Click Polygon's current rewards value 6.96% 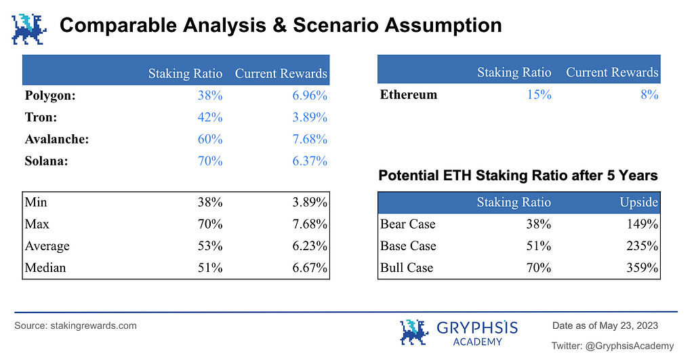pos(309,95)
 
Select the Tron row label pos(41,117)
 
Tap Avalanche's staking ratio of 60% pos(210,139)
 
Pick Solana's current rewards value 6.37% pos(309,161)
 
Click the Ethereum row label pos(408,95)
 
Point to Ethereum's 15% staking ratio pos(539,95)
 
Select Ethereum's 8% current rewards pos(649,95)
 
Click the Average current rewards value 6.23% pos(309,245)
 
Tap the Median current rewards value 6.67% pos(309,267)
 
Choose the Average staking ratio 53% pos(210,245)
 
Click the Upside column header pos(638,202)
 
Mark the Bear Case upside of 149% pos(642,224)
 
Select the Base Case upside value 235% pos(642,245)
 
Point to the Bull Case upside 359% pos(642,267)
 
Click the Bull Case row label pos(407,267)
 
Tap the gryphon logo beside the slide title pos(29,29)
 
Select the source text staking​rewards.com pos(94,326)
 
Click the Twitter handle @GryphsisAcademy pos(630,346)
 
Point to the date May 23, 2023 pos(628,326)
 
